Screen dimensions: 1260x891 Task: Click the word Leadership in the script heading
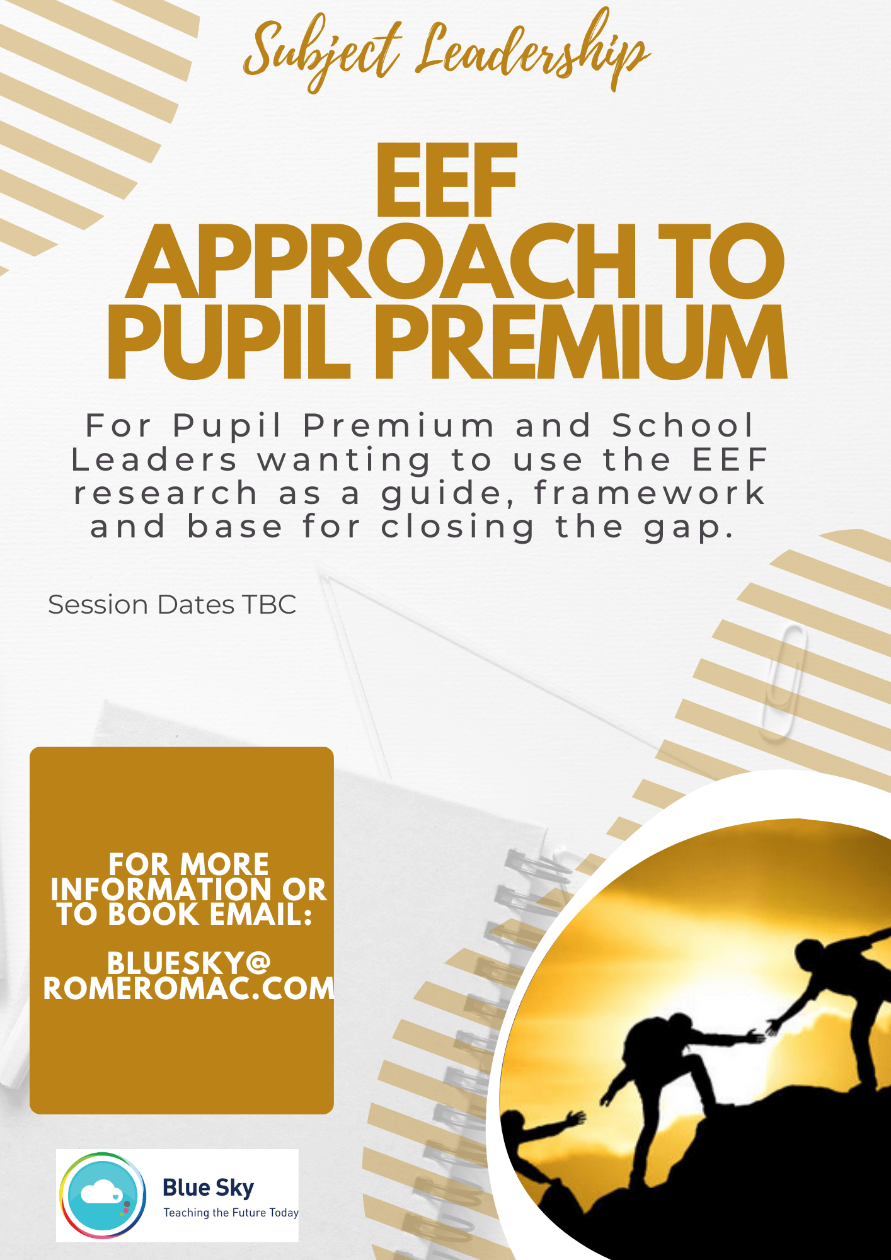[532, 54]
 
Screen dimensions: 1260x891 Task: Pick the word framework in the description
[650, 493]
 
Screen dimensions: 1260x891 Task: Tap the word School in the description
[683, 425]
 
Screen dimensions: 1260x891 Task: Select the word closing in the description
[458, 527]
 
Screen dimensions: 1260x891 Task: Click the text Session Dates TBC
[172, 605]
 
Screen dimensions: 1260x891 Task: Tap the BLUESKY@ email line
[188, 963]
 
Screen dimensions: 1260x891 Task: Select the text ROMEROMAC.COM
[188, 988]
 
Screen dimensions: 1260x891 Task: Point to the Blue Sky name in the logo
[209, 1188]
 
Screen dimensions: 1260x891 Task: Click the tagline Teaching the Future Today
[231, 1213]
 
